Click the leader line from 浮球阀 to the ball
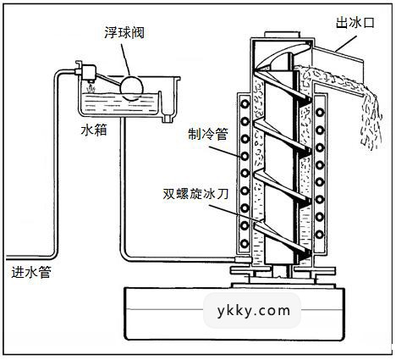click(127, 53)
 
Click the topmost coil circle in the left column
click(248, 104)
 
